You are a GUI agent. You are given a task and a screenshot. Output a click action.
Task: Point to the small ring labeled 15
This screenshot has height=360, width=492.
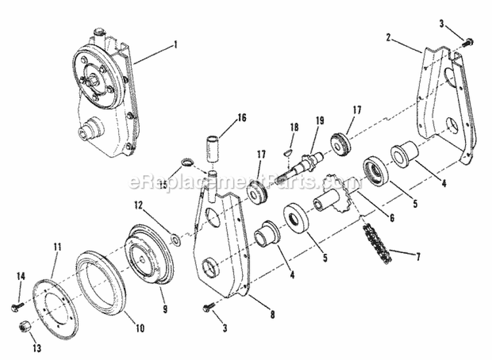[186, 162]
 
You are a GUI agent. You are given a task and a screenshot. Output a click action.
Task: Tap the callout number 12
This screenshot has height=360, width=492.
[138, 206]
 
